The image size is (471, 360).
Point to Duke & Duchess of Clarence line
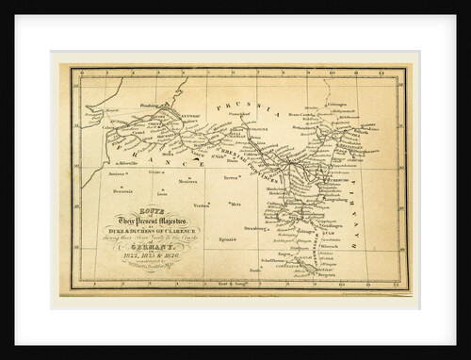[x=154, y=226]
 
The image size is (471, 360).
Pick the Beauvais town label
[x=122, y=191]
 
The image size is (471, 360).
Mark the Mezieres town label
[x=187, y=182]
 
